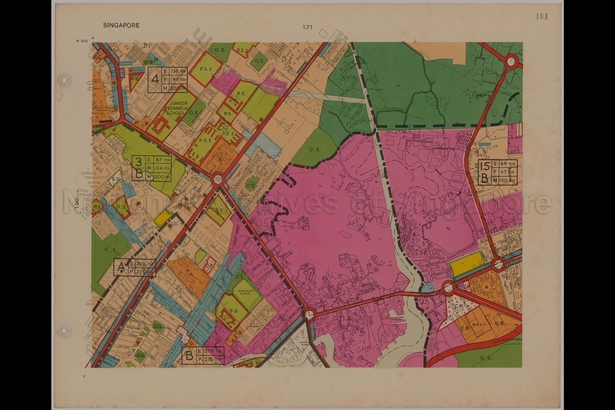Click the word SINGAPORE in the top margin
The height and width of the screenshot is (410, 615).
tap(121, 25)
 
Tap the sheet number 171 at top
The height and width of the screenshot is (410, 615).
tap(307, 28)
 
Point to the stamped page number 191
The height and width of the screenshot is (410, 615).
tap(541, 16)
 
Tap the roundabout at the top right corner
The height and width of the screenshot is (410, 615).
tap(511, 61)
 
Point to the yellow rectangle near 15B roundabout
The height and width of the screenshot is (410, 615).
tap(467, 268)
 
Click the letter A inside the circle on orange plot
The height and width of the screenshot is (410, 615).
tap(486, 287)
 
